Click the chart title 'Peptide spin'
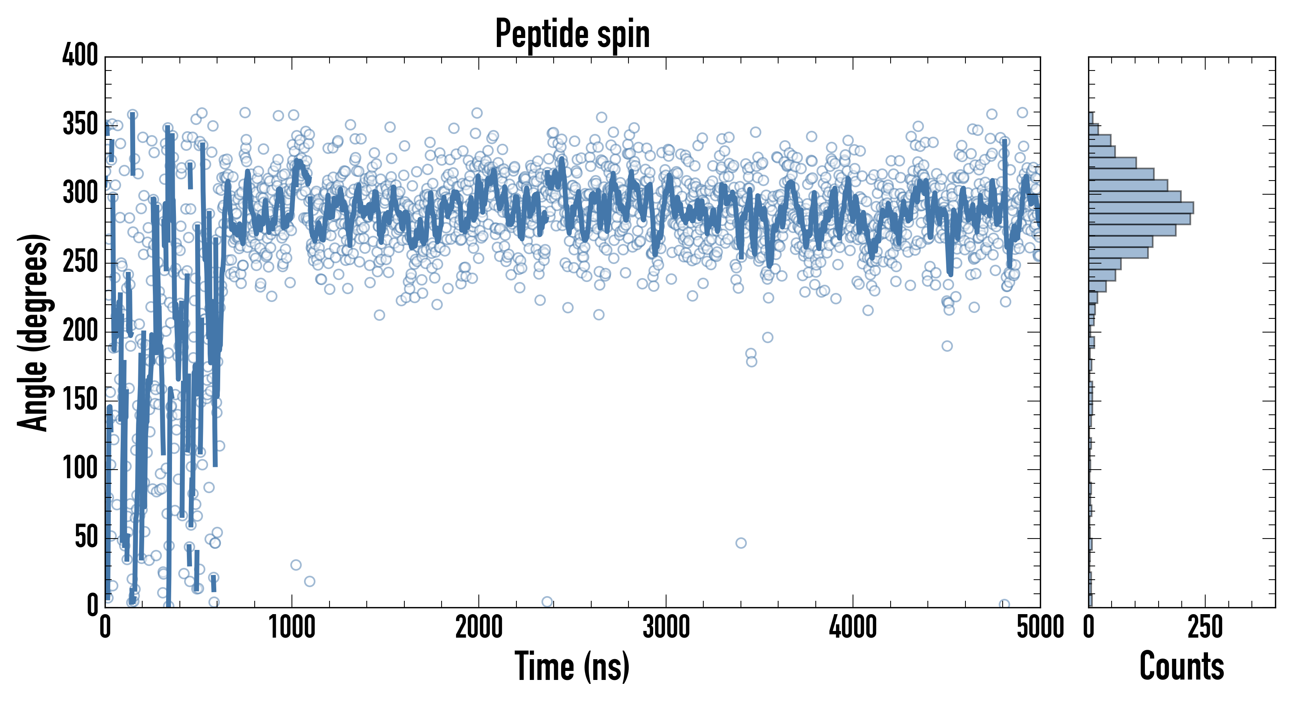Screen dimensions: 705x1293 coord(572,34)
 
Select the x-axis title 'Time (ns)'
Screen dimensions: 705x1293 coord(572,666)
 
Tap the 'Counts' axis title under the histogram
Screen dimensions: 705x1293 coord(1182,666)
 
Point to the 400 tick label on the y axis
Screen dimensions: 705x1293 coord(80,55)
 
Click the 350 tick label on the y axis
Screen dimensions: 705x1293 coord(80,124)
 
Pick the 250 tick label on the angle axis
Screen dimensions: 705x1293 coord(80,262)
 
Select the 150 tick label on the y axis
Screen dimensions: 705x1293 coord(80,400)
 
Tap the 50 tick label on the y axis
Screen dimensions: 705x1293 coord(86,537)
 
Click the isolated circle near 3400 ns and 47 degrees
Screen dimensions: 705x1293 coord(741,543)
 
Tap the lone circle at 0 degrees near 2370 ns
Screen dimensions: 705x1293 coord(547,602)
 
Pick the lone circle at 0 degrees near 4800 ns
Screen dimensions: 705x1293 coord(1004,604)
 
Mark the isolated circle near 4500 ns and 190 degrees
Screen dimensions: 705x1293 coord(947,346)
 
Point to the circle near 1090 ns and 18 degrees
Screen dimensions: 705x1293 coord(310,582)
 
